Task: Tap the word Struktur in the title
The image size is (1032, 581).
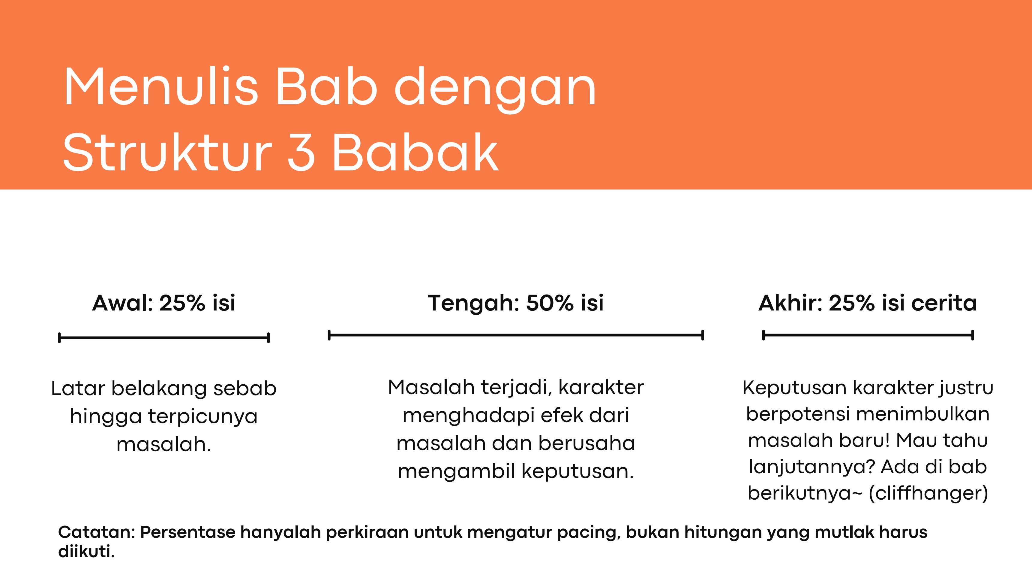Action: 167,152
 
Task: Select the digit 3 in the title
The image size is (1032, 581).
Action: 301,152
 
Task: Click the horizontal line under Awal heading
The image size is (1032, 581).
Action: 164,337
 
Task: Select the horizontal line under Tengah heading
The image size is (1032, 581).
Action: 516,335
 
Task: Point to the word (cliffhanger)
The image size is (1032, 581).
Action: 928,493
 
